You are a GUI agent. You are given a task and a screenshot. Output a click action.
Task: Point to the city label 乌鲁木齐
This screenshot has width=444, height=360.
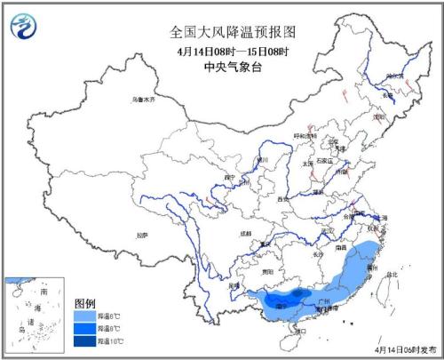pos(143,100)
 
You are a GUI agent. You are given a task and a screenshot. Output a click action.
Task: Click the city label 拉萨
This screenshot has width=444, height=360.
pos(141,235)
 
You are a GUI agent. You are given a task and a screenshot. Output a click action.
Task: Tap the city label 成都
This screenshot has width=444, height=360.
pos(245,233)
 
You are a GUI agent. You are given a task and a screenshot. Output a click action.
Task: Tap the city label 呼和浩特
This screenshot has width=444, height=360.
pos(308,135)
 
